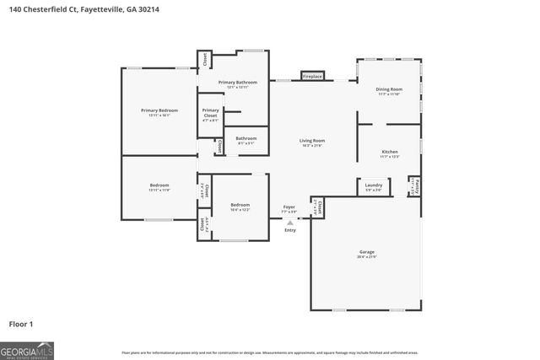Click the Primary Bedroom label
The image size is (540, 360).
(x=159, y=110)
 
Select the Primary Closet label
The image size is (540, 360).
(x=210, y=115)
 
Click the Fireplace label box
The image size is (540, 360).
(x=312, y=77)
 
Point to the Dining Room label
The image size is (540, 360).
(x=389, y=89)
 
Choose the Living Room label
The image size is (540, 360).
(x=312, y=141)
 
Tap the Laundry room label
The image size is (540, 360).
(x=374, y=185)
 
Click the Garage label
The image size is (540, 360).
(x=366, y=251)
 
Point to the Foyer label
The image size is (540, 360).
(x=289, y=207)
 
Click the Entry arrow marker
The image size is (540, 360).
(x=290, y=223)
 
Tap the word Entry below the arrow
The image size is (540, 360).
(x=290, y=229)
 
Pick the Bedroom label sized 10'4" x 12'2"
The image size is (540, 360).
(x=240, y=205)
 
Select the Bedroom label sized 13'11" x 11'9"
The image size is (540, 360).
(x=159, y=185)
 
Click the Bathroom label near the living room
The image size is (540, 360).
(x=246, y=139)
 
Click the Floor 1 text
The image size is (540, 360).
(x=21, y=323)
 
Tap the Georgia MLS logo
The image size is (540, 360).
(x=26, y=349)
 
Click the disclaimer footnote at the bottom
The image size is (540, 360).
(x=269, y=352)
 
